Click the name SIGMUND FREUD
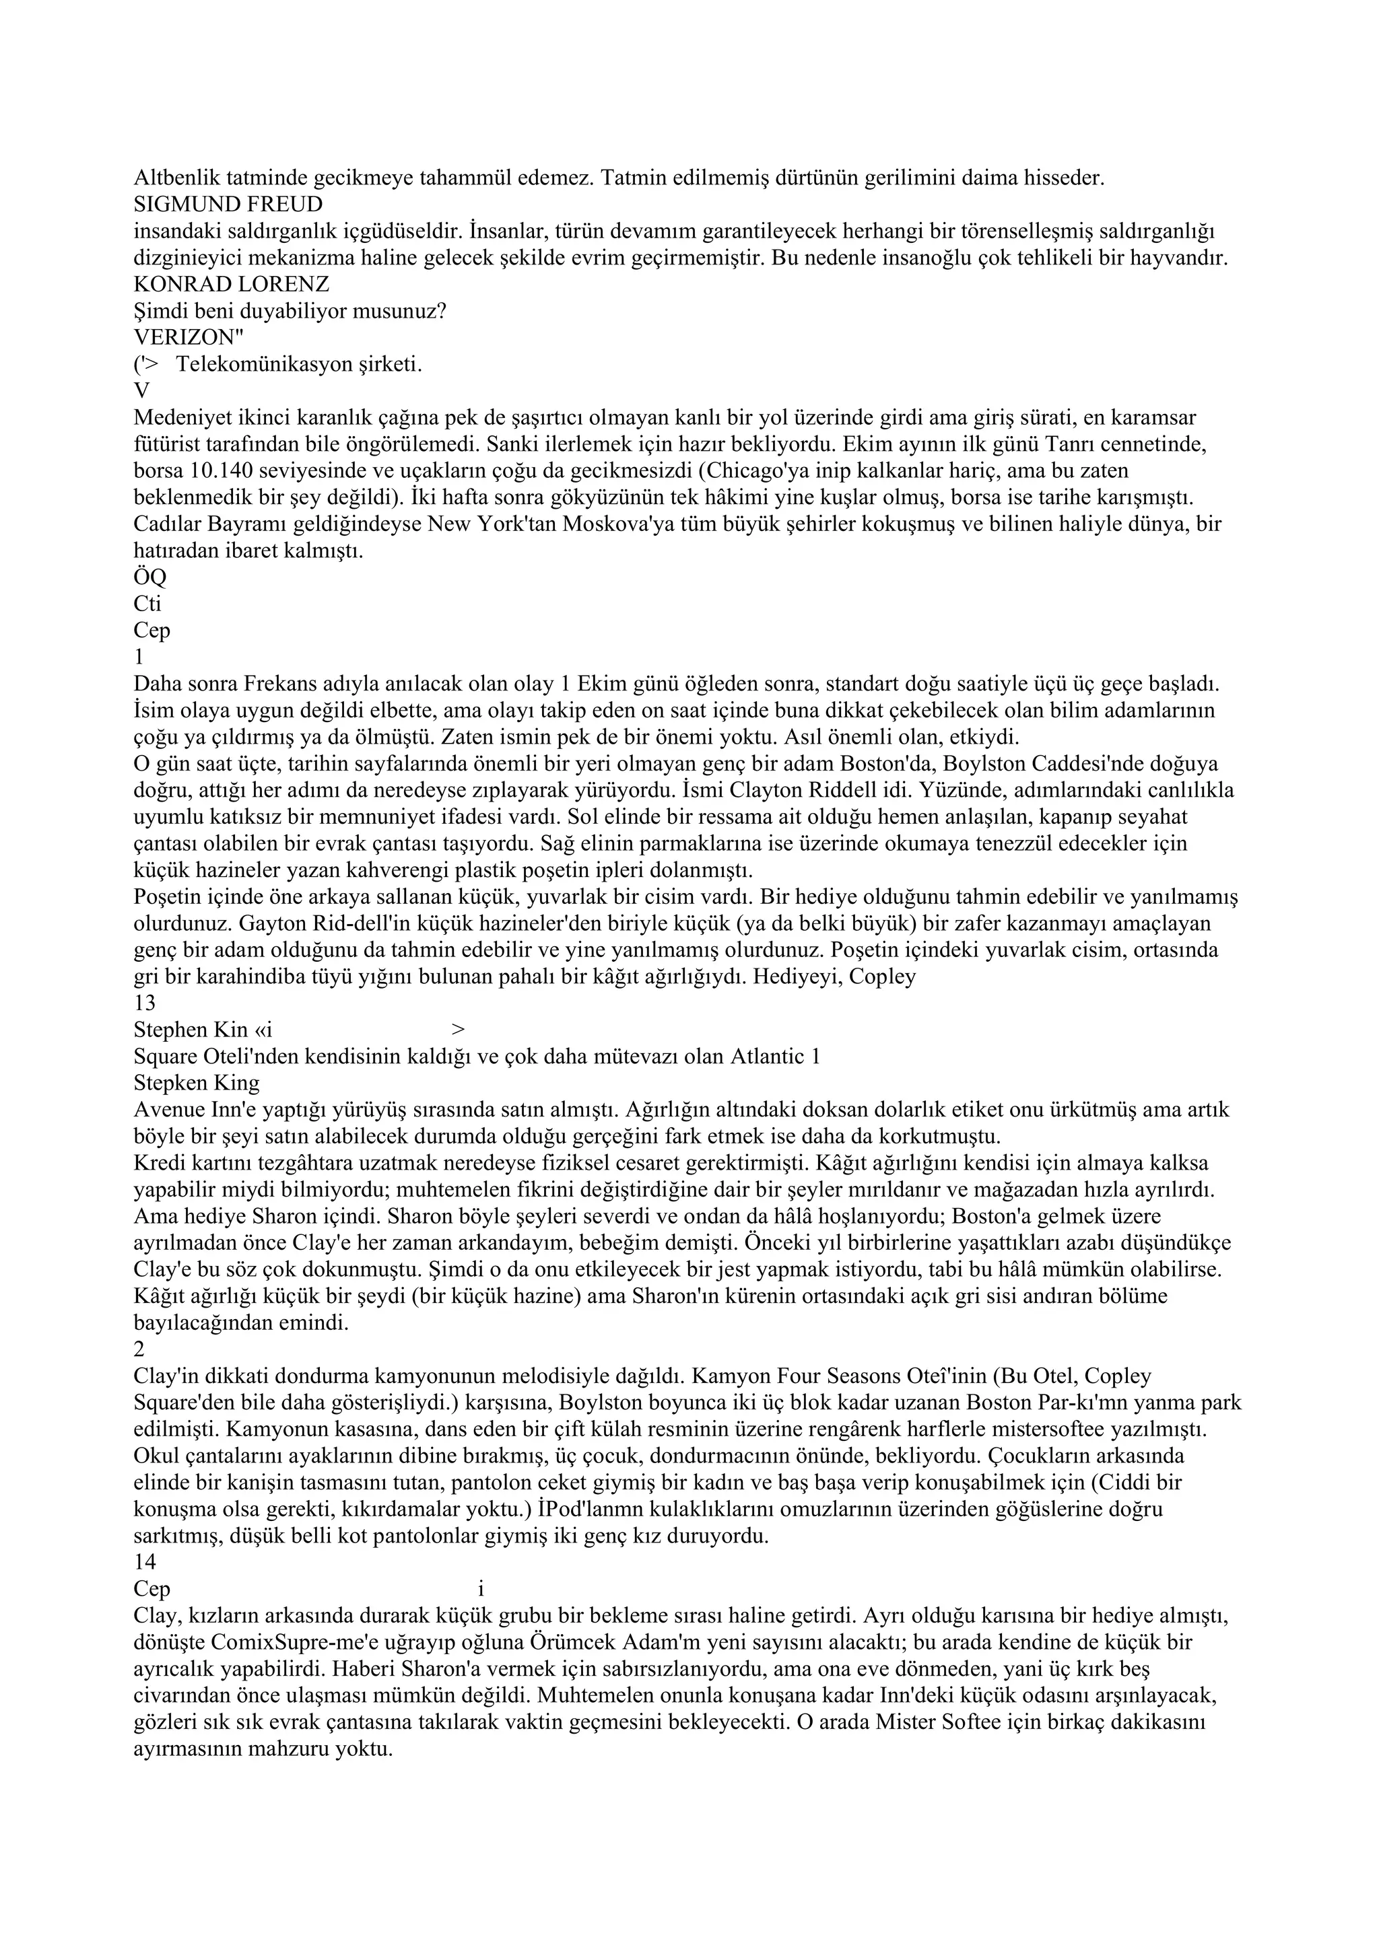(x=228, y=205)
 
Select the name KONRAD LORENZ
(x=231, y=285)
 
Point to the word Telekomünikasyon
(x=251, y=364)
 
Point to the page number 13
(x=145, y=1003)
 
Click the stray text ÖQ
(x=150, y=577)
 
